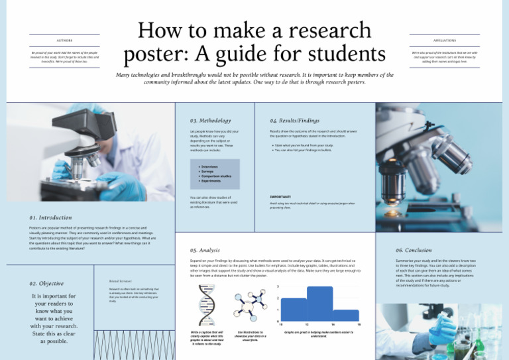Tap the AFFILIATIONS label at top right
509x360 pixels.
pyautogui.click(x=444, y=40)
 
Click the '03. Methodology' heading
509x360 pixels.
pyautogui.click(x=210, y=121)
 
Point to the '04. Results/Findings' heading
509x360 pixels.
pyautogui.click(x=294, y=121)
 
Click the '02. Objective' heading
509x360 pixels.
pyautogui.click(x=46, y=283)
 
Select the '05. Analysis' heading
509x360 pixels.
pyautogui.click(x=205, y=250)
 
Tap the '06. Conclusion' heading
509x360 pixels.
pyautogui.click(x=414, y=250)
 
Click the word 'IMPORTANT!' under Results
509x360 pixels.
pyautogui.click(x=280, y=197)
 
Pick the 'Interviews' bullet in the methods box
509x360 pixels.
pyautogui.click(x=209, y=167)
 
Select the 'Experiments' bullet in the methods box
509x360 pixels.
pyautogui.click(x=211, y=180)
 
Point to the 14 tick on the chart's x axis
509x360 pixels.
pyautogui.click(x=333, y=324)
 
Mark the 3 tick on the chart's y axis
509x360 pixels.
pyautogui.click(x=278, y=286)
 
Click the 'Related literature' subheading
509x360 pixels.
pyautogui.click(x=121, y=281)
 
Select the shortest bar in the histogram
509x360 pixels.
pyautogui.click(x=346, y=316)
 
